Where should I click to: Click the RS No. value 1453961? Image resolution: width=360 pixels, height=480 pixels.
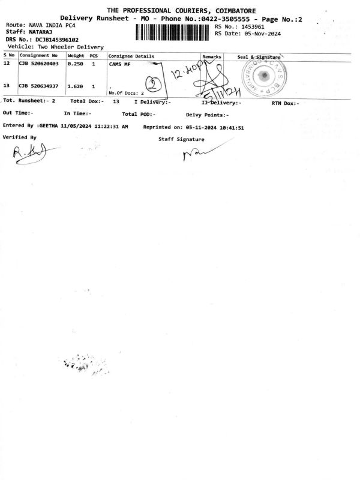pyautogui.click(x=253, y=27)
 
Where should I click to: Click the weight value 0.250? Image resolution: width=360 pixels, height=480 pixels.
pyautogui.click(x=75, y=63)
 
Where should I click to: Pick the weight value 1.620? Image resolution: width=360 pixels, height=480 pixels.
pyautogui.click(x=75, y=86)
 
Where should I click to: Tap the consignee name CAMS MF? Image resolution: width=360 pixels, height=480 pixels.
pyautogui.click(x=120, y=64)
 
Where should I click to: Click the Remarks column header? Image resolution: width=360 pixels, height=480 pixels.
pyautogui.click(x=212, y=56)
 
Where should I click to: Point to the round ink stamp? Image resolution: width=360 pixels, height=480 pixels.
pyautogui.click(x=262, y=76)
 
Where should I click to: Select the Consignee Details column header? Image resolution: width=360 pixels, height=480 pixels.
pyautogui.click(x=131, y=56)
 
